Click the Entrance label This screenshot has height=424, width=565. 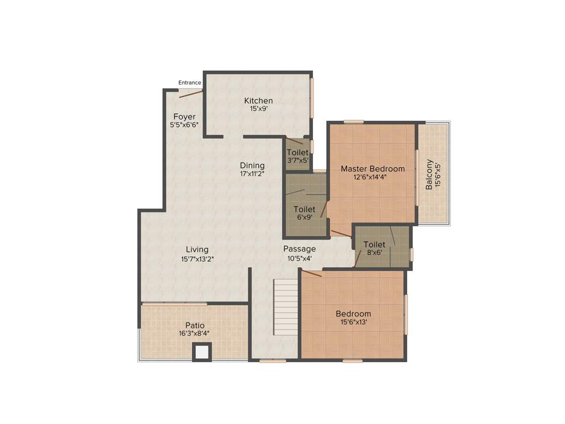190,83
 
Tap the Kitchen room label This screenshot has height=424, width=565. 258,100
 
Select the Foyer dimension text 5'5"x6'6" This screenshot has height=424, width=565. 184,125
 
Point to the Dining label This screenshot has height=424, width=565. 252,166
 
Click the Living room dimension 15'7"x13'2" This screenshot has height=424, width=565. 197,258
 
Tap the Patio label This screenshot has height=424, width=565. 195,325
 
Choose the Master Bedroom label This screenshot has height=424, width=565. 372,169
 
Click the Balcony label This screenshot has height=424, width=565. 429,174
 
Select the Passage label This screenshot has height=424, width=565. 300,249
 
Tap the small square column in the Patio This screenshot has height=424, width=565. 202,352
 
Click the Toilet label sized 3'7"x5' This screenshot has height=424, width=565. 297,152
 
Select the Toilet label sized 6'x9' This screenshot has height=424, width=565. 304,209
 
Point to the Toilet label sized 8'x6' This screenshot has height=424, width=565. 374,245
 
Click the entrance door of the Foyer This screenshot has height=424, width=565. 190,94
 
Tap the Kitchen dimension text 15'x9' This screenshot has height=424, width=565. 258,109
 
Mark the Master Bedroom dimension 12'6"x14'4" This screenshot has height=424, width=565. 372,177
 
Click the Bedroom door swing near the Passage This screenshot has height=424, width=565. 312,273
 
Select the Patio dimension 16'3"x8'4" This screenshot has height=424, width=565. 194,333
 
